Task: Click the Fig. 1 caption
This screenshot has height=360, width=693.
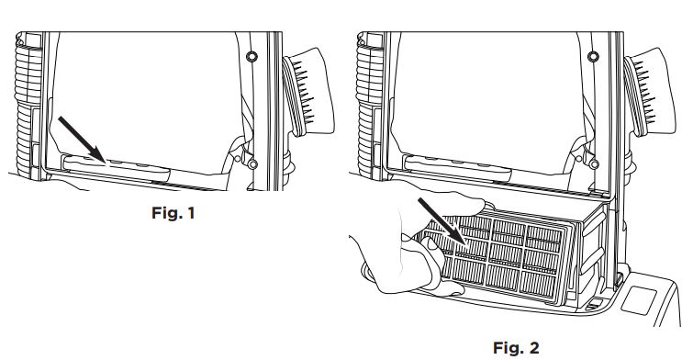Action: pos(173,213)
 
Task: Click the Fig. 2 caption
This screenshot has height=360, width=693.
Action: pos(516,348)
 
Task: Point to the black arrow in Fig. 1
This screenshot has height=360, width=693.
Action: pos(82,140)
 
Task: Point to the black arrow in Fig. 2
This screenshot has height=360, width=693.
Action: pos(442,222)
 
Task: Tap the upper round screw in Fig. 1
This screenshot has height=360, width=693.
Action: pos(251,57)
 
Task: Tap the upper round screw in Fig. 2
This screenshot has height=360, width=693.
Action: pos(594,57)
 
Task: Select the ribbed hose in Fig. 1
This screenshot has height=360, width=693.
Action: pos(27,107)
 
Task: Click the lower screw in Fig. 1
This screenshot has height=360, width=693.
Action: pos(252,164)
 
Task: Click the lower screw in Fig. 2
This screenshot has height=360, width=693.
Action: pos(595,164)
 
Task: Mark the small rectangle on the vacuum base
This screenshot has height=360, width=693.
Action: pos(639,300)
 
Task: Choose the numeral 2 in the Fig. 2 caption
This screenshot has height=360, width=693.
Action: pos(534,348)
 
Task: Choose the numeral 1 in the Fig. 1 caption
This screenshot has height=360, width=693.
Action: pos(191,213)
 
